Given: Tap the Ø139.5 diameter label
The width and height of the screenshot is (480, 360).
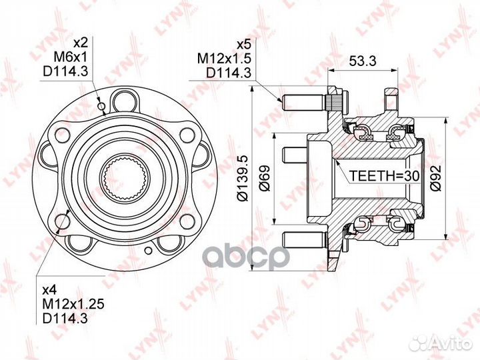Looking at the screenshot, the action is [x=244, y=179].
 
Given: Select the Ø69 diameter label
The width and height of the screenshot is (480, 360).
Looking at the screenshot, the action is [x=265, y=179].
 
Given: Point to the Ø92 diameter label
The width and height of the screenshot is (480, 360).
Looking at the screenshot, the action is [x=437, y=179].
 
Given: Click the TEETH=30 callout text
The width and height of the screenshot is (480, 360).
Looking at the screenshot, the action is [x=384, y=175].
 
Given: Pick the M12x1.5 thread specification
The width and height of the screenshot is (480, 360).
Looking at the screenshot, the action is [x=224, y=58].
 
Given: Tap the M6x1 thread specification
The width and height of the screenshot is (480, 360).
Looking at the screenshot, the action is [x=71, y=56].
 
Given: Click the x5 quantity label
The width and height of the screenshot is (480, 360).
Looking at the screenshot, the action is [x=244, y=45].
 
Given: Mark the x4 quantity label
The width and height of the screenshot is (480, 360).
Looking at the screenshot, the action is [x=50, y=290].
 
